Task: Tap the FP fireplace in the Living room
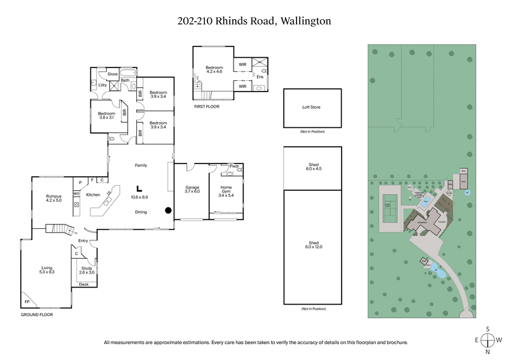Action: coord(27,301)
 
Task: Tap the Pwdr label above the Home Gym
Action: coord(234,167)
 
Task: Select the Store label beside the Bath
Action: coord(113,74)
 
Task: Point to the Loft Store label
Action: coord(311,107)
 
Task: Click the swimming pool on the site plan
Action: coord(425,202)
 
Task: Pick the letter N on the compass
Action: coord(487,352)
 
